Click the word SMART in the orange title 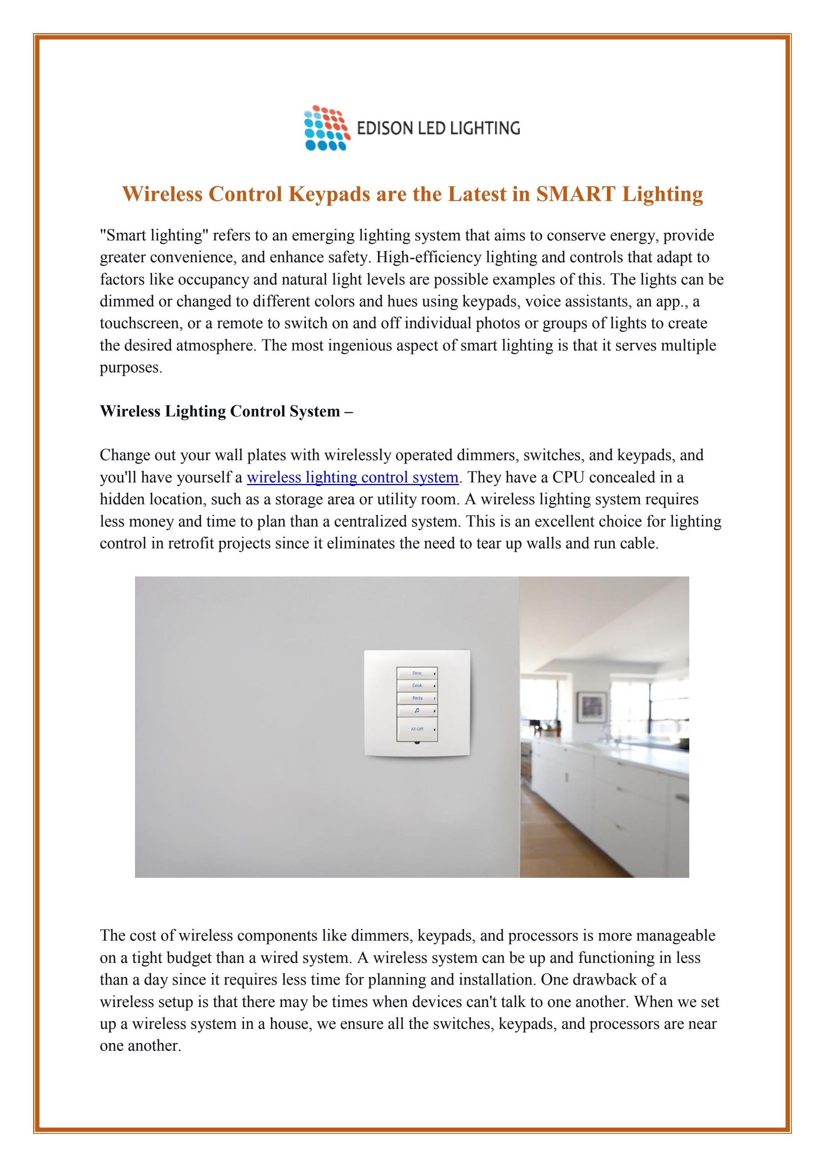point(576,194)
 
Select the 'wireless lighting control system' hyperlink point(353,477)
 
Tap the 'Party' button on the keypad point(417,698)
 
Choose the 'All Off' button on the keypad point(417,729)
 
